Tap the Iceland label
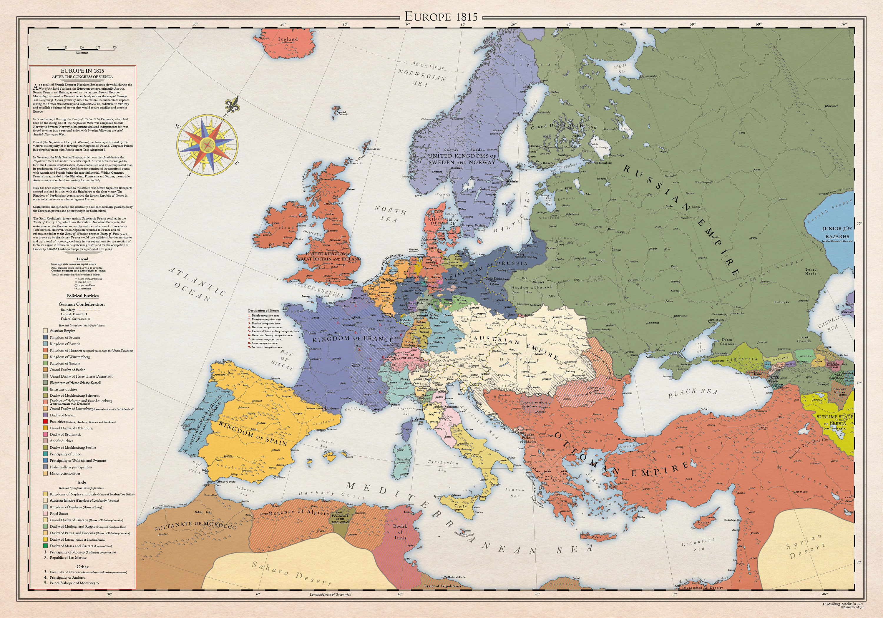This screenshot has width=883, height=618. [288, 39]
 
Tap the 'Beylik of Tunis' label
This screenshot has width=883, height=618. [400, 532]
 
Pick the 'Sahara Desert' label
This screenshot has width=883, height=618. [291, 574]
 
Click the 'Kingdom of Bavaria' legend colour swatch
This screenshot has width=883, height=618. [45, 344]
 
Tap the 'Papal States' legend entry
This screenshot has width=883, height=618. [59, 513]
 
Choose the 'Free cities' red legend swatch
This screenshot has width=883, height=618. [45, 422]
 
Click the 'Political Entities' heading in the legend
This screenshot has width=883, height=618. [82, 296]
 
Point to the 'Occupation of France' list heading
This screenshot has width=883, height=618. [263, 310]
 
